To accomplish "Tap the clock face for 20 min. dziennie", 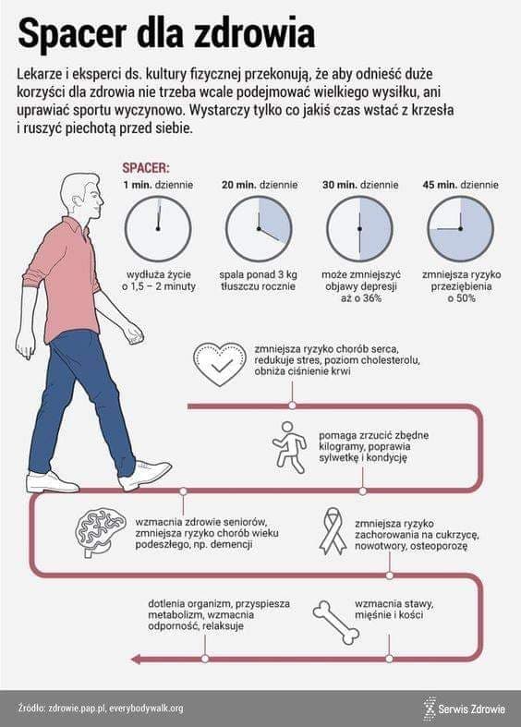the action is coord(259,228).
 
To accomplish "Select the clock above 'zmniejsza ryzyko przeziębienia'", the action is coord(460,228).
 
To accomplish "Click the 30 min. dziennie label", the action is coord(360,185).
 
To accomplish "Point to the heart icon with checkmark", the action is coord(219,365).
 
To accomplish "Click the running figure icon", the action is coord(288,447).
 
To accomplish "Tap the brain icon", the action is coord(101,533).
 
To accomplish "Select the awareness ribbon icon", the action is coord(333,531).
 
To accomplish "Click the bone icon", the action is coord(335,623).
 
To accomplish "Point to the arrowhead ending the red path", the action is coord(136,659).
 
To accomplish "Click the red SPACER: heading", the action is coord(146,168).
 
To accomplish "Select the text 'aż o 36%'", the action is coord(360,298).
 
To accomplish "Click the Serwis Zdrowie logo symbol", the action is coord(430,708).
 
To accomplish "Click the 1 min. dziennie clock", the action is coord(158,228).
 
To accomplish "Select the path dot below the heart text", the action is coord(292,406).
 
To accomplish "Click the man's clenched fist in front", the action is coord(134,333).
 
